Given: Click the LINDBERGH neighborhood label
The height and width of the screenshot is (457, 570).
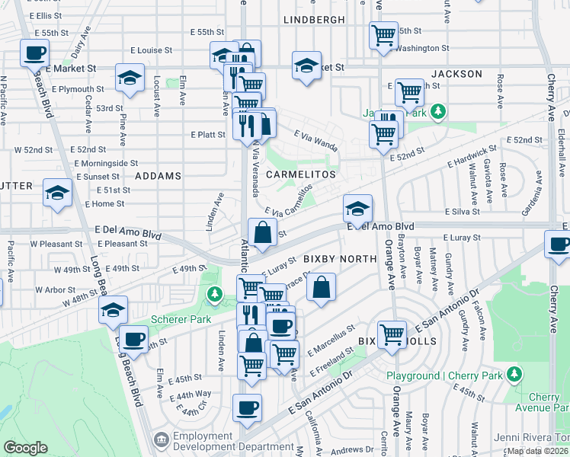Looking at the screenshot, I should point(315,18).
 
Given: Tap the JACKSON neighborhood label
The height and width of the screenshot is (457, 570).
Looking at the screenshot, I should point(456,74).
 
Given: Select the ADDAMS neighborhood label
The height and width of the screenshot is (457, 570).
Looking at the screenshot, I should point(158,175).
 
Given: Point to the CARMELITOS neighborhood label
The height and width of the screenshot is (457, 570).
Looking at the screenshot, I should point(301,174).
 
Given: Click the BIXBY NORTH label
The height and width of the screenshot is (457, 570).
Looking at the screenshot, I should point(340,259).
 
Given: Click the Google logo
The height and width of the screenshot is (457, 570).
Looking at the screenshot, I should point(25,448).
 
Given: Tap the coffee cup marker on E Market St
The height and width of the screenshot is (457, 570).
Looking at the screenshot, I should point(34,53).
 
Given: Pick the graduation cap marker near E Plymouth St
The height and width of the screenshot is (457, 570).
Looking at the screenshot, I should point(130,77).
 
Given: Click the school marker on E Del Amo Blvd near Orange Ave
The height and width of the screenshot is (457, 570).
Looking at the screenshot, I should point(357,207).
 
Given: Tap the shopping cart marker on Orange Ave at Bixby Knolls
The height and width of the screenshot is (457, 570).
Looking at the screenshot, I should point(392,333).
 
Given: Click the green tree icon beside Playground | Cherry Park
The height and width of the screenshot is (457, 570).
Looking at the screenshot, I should point(515,373).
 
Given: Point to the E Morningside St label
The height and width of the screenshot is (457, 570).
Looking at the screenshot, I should point(105,163).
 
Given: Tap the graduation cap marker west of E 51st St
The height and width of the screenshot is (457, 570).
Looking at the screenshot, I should point(57,192).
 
